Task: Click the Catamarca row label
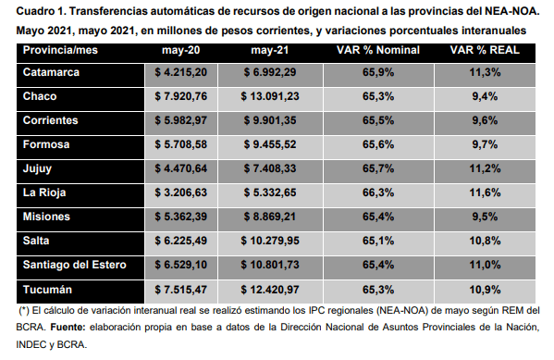point(51,72)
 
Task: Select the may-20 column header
point(181,50)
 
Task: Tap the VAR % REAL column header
point(485,50)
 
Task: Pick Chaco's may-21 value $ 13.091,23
point(270,96)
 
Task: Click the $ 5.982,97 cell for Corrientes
point(181,120)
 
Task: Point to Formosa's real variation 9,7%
point(485,144)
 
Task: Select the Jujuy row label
point(37,168)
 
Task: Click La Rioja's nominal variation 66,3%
point(378,192)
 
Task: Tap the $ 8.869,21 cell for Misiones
point(270,217)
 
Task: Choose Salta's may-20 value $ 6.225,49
point(181,241)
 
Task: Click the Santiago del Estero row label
point(75,265)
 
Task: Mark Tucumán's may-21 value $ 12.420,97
point(270,290)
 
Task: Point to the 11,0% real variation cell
point(485,265)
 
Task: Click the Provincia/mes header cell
point(60,50)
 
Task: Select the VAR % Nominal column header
point(378,50)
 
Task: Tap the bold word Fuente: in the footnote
point(68,327)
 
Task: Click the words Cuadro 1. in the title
point(41,11)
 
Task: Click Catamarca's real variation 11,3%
point(485,72)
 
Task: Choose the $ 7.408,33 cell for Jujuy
point(270,168)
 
